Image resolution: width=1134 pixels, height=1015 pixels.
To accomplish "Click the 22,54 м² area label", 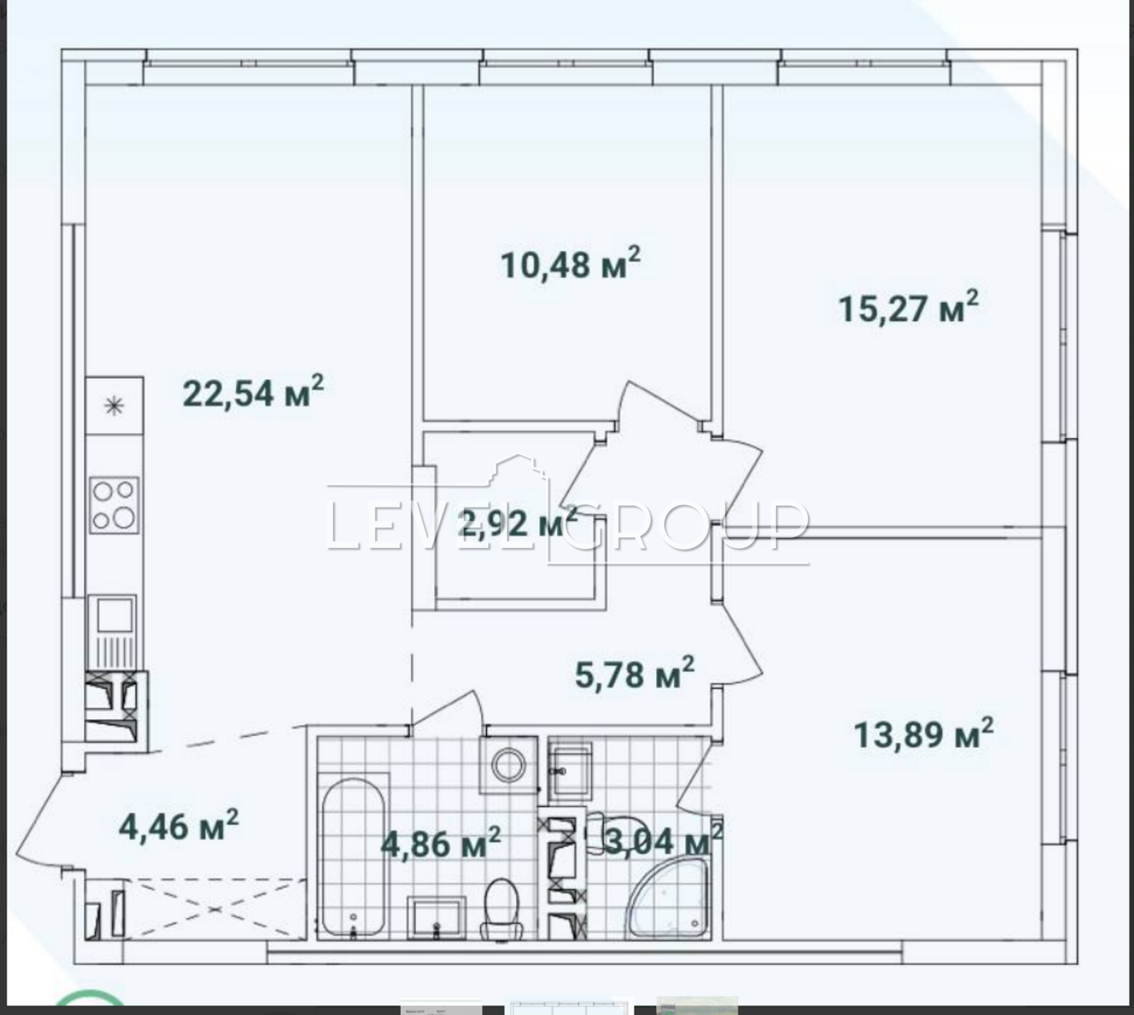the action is [253, 392].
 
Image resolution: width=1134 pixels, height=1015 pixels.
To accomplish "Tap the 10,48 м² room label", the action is [571, 263].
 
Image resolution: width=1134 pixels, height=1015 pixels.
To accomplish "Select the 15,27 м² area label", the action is [909, 307].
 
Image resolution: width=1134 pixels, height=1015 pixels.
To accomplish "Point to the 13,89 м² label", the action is [924, 733].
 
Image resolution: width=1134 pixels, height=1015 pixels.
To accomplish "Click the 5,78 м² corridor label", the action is [634, 673].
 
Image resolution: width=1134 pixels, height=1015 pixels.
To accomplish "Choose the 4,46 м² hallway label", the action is [179, 826].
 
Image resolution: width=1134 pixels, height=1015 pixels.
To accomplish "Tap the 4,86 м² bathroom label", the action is [441, 843].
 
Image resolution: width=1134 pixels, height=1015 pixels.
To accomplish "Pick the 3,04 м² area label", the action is [663, 841].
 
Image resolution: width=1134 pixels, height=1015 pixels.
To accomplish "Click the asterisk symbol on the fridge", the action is [113, 406].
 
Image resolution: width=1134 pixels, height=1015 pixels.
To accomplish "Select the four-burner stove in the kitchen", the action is [114, 505].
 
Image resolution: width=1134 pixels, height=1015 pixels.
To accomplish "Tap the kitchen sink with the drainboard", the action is [115, 631].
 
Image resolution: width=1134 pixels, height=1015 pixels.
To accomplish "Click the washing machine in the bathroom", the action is [508, 765].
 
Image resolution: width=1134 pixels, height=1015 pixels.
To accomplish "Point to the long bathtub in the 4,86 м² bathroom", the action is [354, 858].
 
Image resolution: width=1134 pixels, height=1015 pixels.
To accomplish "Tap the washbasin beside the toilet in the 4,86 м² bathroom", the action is [437, 917].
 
